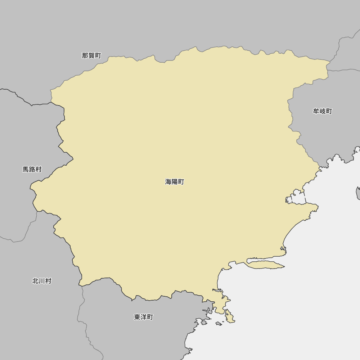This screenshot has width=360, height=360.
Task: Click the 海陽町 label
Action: coord(175,182)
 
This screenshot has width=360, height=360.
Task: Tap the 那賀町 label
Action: coord(91,55)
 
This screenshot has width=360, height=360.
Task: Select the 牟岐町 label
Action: coord(323,111)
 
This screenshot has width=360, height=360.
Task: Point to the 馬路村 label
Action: coord(32,169)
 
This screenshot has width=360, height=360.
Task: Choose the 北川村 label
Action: coord(42,281)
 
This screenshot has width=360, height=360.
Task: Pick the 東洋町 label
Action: coord(144,317)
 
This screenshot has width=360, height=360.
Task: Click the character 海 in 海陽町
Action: coord(168,182)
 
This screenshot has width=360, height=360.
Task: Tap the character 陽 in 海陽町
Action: coord(175,182)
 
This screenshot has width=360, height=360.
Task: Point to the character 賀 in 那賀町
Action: coord(91,55)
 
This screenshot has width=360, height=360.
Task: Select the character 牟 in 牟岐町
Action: coord(316,111)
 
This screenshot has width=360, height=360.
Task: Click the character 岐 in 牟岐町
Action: coord(323,111)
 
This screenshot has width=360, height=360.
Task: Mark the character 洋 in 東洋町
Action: coord(144,317)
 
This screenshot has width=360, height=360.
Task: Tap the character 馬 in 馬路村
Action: coord(26,169)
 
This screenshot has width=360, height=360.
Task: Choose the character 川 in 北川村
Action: coord(42,281)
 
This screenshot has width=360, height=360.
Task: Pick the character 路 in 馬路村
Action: coord(32,169)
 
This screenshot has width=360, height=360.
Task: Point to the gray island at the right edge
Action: coord(358,193)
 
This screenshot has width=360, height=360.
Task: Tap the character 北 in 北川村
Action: coord(36,281)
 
